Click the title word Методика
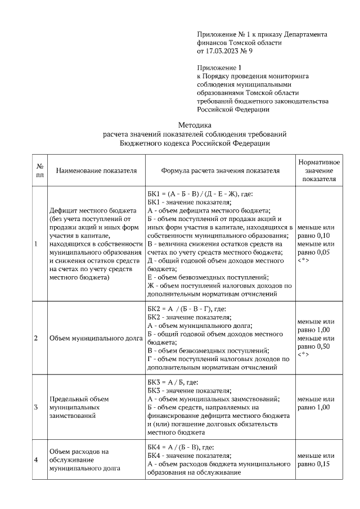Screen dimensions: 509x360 pyautogui.click(x=195, y=125)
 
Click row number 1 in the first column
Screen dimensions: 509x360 pyautogui.click(x=37, y=244)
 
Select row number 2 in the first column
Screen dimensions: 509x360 pyautogui.click(x=37, y=338)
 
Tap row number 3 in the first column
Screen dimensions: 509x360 pyautogui.click(x=37, y=407)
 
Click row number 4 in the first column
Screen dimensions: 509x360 pyautogui.click(x=37, y=460)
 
